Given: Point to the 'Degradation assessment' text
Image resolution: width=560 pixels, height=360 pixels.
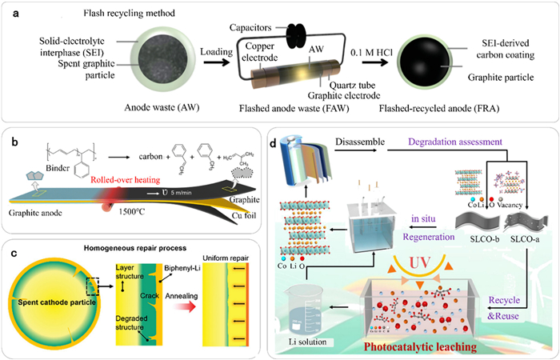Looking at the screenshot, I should pos(477,142).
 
